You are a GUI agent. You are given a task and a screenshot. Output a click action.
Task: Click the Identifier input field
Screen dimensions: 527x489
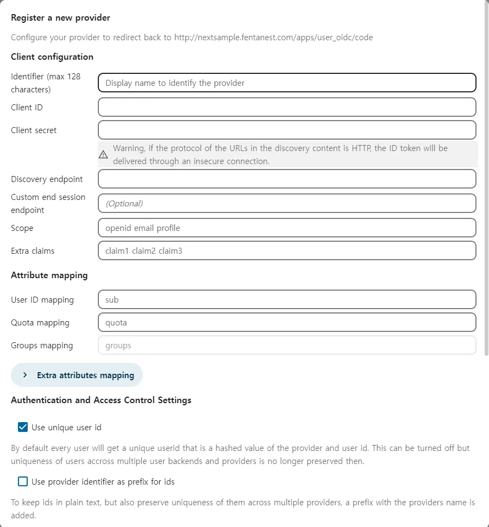(x=287, y=83)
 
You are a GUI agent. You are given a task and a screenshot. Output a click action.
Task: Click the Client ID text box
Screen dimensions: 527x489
(x=287, y=107)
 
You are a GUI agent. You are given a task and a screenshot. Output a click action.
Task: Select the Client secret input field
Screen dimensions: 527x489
(x=287, y=130)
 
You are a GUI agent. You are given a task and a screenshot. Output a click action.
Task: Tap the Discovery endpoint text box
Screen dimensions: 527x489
(x=287, y=179)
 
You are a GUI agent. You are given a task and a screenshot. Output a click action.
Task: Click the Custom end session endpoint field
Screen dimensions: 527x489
(x=287, y=203)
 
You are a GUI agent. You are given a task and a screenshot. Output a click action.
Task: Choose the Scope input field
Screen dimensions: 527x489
(x=287, y=228)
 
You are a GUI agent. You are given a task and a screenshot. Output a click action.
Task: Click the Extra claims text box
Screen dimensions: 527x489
(x=287, y=250)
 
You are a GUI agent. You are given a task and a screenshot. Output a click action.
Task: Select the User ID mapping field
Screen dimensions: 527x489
(x=287, y=299)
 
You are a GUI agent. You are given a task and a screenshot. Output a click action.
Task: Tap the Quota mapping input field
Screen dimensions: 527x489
(x=287, y=322)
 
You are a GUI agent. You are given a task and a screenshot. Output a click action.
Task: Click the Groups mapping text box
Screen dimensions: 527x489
(x=287, y=345)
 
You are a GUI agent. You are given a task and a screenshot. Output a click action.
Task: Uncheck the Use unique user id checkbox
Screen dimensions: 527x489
(x=23, y=427)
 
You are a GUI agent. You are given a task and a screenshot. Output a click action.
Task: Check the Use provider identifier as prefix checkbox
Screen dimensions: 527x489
(x=23, y=481)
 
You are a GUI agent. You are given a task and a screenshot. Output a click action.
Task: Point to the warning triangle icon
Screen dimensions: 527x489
(x=103, y=155)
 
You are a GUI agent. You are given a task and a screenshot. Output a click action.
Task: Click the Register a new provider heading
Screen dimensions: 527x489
(x=60, y=18)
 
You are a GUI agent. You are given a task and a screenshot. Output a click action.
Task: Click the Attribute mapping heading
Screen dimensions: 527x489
(x=49, y=275)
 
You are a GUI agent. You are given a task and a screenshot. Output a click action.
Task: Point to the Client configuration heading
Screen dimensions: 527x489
(x=52, y=57)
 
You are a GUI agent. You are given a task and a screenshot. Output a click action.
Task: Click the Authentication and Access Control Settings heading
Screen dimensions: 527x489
(x=101, y=400)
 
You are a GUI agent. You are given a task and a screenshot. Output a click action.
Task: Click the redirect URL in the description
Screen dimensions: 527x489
(x=273, y=37)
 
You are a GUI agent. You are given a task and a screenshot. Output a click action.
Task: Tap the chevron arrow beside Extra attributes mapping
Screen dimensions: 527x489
(x=25, y=375)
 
